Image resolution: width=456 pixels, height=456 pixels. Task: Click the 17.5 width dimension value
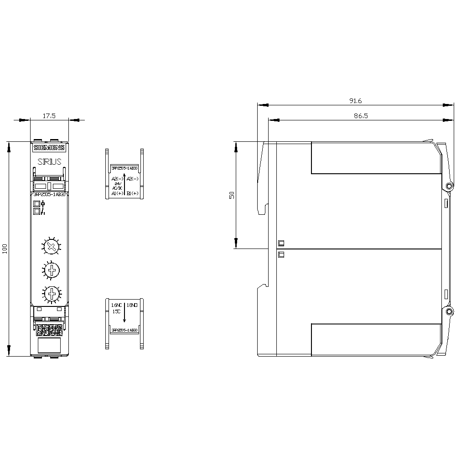tap(49, 116)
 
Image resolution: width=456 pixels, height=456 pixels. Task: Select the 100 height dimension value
tap(5, 249)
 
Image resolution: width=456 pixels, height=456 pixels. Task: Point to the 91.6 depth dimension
tap(355, 101)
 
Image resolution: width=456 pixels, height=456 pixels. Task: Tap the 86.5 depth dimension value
tap(360, 116)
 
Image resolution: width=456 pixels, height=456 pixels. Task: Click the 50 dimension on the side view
tap(232, 195)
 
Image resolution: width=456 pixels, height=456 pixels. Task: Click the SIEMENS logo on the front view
tap(49, 148)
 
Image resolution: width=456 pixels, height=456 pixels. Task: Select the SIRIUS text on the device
tap(49, 161)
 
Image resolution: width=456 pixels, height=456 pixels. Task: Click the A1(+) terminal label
tap(117, 193)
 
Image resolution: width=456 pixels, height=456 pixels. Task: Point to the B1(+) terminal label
tap(133, 193)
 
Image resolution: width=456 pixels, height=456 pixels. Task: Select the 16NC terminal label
tap(117, 304)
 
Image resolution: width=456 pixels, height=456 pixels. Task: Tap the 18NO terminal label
tap(133, 304)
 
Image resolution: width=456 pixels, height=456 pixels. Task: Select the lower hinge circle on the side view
tap(449, 311)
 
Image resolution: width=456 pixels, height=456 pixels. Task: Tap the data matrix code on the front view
tap(49, 330)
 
